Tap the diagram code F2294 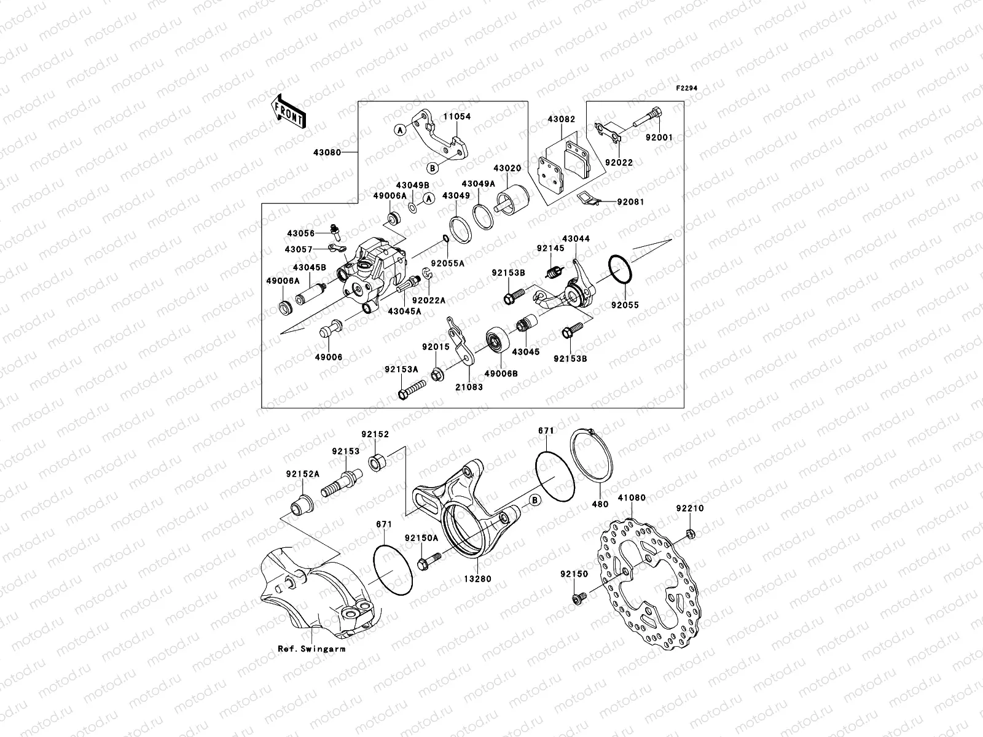[x=687, y=88]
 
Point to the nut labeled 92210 [x=690, y=533]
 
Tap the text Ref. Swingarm [x=311, y=649]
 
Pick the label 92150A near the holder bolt [x=421, y=537]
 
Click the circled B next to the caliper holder [x=535, y=501]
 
